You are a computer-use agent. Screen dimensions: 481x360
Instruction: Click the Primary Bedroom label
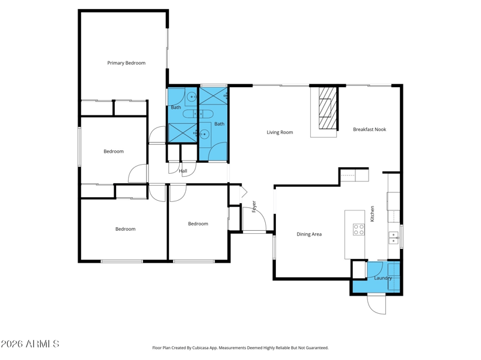pyautogui.click(x=126, y=63)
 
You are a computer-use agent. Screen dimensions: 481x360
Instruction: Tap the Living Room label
pyautogui.click(x=280, y=132)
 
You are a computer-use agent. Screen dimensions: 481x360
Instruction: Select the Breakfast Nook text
pyautogui.click(x=369, y=129)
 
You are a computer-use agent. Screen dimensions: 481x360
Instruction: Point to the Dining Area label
pyautogui.click(x=309, y=234)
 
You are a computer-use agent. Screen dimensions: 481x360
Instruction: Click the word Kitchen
pyautogui.click(x=372, y=214)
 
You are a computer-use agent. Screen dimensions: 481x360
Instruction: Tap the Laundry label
pyautogui.click(x=383, y=278)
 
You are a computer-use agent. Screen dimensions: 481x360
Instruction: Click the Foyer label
pyautogui.click(x=254, y=207)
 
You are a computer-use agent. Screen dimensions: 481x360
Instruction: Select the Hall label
pyautogui.click(x=183, y=171)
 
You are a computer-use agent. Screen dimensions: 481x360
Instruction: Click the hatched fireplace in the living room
pyautogui.click(x=328, y=108)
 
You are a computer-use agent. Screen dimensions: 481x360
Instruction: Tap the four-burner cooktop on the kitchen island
pyautogui.click(x=358, y=230)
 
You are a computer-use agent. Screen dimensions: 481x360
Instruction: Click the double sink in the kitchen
pyautogui.click(x=393, y=237)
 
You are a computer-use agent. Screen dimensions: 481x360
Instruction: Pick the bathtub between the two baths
pyautogui.click(x=198, y=114)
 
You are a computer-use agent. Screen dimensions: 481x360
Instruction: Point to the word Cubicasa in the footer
pyautogui.click(x=200, y=348)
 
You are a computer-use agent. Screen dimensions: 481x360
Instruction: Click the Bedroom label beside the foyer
pyautogui.click(x=198, y=224)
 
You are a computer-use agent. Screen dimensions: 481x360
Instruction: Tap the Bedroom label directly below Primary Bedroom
pyautogui.click(x=114, y=151)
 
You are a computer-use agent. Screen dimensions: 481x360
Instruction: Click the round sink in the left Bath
pyautogui.click(x=191, y=97)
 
